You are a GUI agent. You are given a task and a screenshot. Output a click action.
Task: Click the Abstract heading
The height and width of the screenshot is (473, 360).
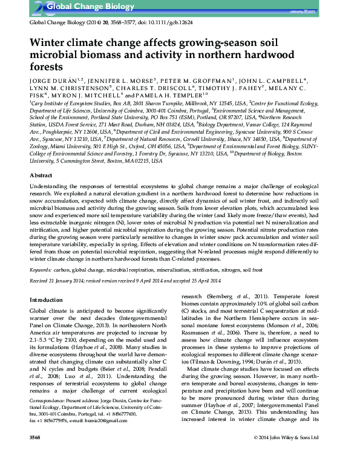41,174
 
